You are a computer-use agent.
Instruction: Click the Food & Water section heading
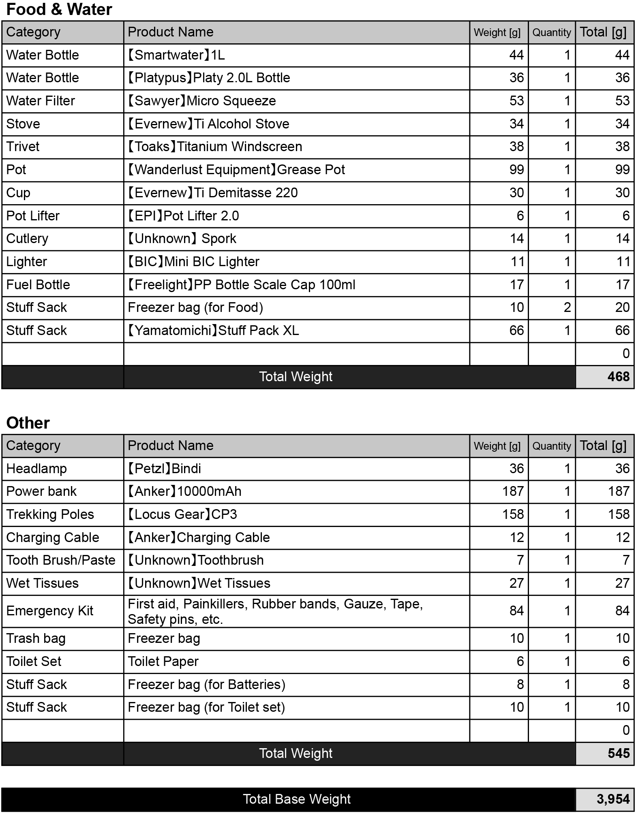[59, 9]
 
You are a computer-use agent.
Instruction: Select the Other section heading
[28, 423]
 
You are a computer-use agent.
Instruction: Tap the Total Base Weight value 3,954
[612, 799]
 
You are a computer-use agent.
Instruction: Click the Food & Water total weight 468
[618, 376]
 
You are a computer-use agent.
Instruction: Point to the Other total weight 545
[618, 753]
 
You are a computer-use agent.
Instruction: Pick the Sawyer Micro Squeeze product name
[201, 100]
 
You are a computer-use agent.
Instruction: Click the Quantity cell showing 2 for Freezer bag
[567, 307]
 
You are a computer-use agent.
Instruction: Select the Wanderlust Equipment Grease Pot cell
[236, 169]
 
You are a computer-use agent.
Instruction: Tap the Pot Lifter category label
[33, 216]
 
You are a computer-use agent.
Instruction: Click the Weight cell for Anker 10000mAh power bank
[513, 491]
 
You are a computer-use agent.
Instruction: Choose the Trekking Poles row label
[50, 514]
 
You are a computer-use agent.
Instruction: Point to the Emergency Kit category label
[49, 610]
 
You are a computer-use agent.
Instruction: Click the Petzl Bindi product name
[164, 468]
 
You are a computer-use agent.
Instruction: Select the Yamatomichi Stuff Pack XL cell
[213, 330]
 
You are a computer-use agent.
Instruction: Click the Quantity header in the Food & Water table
[551, 32]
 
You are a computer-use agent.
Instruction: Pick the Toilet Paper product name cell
[163, 661]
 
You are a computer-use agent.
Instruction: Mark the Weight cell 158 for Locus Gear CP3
[513, 514]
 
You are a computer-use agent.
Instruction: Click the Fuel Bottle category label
[38, 284]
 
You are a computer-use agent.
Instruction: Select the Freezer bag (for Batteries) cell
[206, 684]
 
